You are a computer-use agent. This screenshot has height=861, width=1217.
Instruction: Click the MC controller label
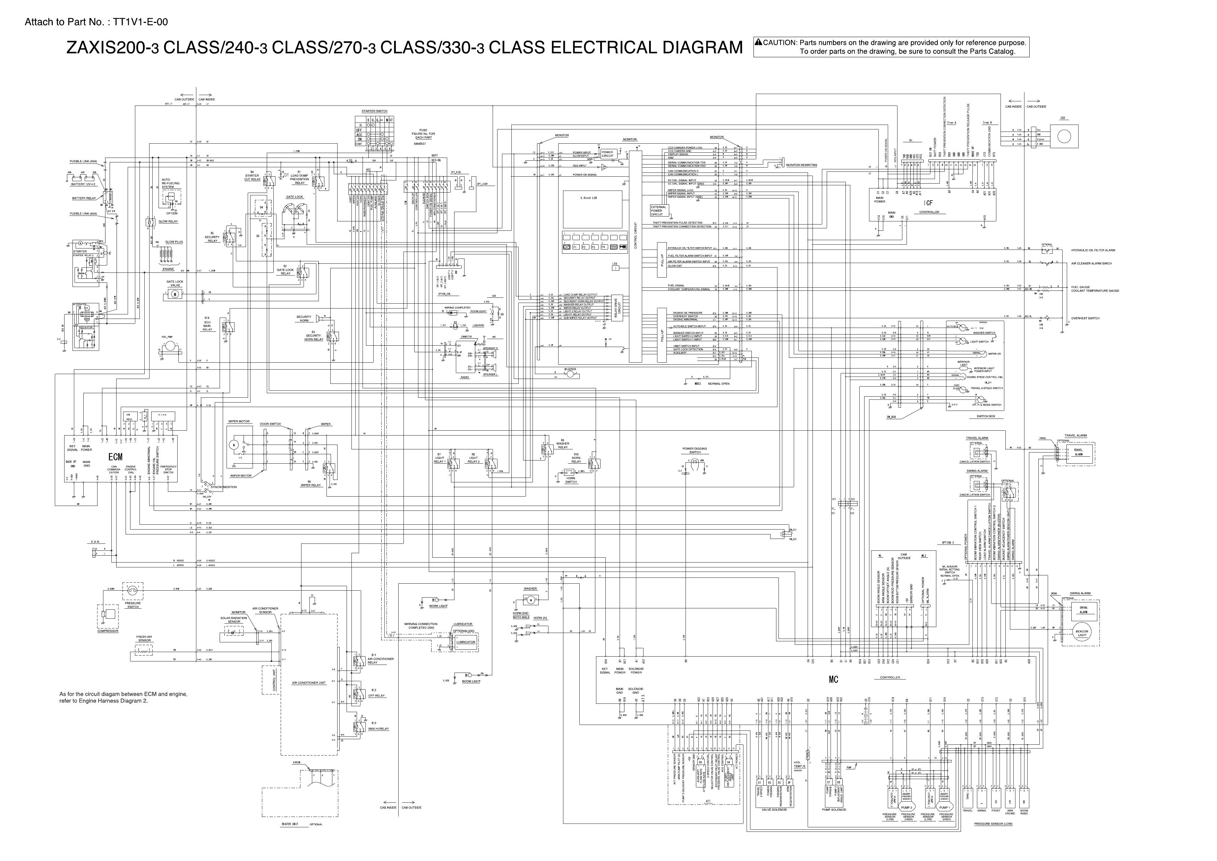[833, 680]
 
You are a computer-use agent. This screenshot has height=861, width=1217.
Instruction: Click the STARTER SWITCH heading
[374, 111]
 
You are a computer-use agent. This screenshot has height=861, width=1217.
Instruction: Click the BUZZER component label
[570, 369]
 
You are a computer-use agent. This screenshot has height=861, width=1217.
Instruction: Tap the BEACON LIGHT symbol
[1082, 633]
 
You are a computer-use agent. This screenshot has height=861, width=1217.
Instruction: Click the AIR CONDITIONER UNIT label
[308, 683]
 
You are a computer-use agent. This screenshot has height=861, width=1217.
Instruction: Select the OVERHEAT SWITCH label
[1085, 318]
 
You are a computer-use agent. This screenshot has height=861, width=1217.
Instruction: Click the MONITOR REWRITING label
[801, 165]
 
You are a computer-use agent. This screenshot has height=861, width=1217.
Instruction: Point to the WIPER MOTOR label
[239, 422]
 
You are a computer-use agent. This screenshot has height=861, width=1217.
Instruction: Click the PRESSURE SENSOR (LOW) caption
[993, 824]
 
